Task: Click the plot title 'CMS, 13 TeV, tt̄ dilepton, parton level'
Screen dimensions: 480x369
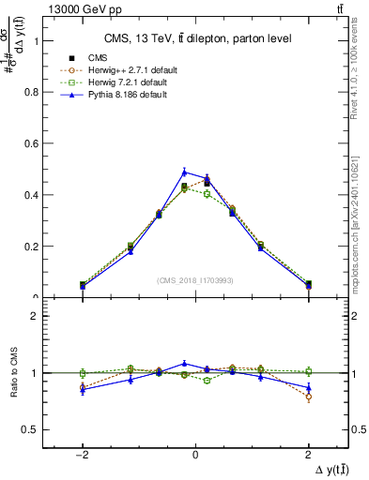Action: [x=194, y=38]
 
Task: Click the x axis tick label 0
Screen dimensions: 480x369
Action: [x=195, y=453]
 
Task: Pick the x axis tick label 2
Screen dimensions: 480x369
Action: [x=308, y=453]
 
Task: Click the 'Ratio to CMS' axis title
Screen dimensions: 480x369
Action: [x=12, y=373]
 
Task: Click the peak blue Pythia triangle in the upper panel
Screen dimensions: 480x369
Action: [x=184, y=171]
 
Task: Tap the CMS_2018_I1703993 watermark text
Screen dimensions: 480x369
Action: [x=195, y=280]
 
